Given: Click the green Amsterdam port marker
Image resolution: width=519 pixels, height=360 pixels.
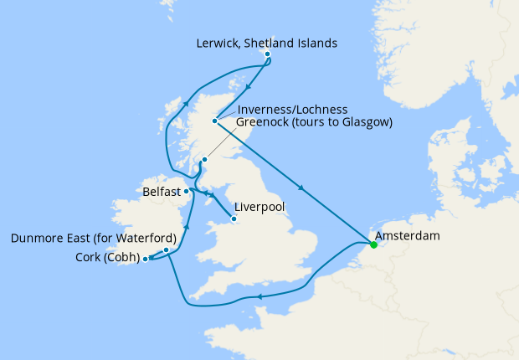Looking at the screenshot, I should (373, 245).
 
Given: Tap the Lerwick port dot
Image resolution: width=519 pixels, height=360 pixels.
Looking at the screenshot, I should (267, 54).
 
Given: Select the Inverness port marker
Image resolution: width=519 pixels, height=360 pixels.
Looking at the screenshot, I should (215, 121).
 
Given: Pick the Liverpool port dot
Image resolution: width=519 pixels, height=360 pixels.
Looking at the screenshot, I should (234, 220).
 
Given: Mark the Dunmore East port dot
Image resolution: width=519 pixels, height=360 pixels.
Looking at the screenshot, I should (167, 249).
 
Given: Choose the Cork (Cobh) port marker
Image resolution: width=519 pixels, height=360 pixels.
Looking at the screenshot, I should (146, 259).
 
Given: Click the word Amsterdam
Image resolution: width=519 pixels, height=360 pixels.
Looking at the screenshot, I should (408, 237).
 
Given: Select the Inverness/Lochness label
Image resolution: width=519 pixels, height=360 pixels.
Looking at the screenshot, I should (290, 109).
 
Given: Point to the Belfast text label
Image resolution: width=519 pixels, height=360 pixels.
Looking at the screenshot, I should (161, 192).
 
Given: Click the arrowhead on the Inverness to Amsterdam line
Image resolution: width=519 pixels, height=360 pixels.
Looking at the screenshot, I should (301, 187).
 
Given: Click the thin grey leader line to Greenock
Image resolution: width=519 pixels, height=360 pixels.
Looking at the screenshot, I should (222, 143).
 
